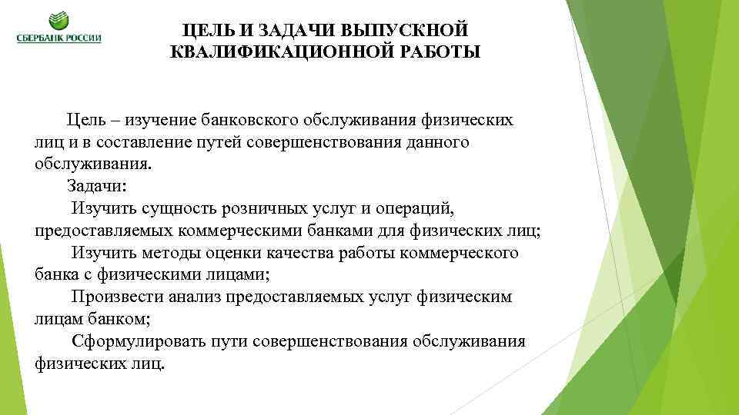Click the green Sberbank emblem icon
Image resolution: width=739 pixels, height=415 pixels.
(59, 22)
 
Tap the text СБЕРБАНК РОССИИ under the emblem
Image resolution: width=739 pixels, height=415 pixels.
(59, 38)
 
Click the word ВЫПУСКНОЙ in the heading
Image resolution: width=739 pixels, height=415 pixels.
(409, 30)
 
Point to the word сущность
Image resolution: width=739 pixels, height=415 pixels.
(169, 208)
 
